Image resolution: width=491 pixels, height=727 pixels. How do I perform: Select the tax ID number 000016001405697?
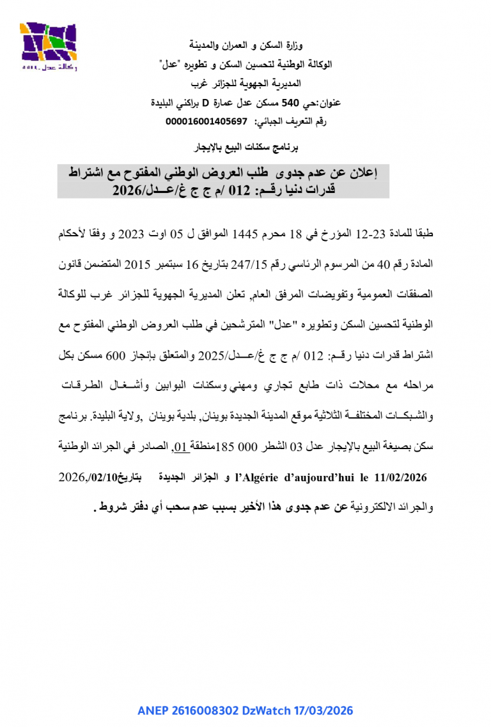tap(206, 121)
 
